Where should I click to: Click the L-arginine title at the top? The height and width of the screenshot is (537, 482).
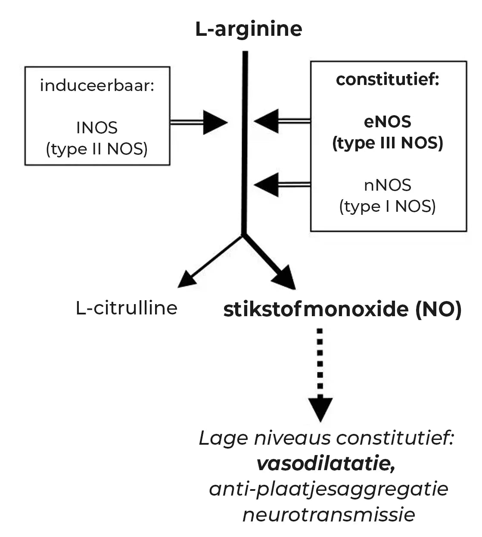pyautogui.click(x=249, y=29)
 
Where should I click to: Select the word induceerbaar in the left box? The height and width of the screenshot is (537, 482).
pyautogui.click(x=96, y=85)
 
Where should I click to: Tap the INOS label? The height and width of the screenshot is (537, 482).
pyautogui.click(x=97, y=128)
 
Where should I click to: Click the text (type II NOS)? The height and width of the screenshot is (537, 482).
pyautogui.click(x=97, y=149)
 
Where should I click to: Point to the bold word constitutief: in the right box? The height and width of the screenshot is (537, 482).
pyautogui.click(x=387, y=79)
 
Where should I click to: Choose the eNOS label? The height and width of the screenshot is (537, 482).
pyautogui.click(x=388, y=122)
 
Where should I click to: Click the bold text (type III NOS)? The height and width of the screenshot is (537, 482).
pyautogui.click(x=388, y=143)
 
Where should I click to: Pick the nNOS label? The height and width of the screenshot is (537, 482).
pyautogui.click(x=388, y=185)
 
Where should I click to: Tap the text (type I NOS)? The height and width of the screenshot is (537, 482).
pyautogui.click(x=388, y=206)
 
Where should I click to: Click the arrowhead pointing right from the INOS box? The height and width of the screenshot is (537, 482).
pyautogui.click(x=215, y=122)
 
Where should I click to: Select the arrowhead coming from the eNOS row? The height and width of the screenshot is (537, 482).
pyautogui.click(x=267, y=121)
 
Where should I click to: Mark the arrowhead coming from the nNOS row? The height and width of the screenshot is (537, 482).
pyautogui.click(x=267, y=185)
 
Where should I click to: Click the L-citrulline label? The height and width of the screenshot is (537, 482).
pyautogui.click(x=126, y=308)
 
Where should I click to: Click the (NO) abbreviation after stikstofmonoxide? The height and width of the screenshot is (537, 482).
pyautogui.click(x=438, y=309)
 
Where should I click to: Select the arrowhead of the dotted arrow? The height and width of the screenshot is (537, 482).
pyautogui.click(x=320, y=408)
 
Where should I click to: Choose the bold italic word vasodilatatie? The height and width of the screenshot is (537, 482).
pyautogui.click(x=325, y=464)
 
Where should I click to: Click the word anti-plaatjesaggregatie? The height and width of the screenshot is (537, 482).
pyautogui.click(x=329, y=489)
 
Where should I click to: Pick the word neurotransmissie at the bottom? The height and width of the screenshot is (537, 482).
pyautogui.click(x=329, y=515)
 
